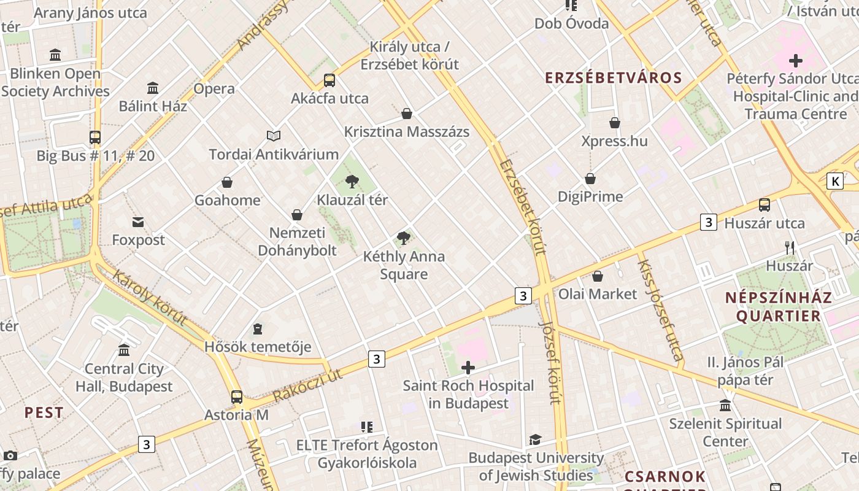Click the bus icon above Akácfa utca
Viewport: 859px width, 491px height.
point(329,80)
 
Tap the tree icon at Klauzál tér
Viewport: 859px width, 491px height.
point(352,182)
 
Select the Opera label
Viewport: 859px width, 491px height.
point(214,88)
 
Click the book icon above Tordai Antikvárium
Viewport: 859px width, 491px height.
point(274,136)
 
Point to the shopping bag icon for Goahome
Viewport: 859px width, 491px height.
point(227,183)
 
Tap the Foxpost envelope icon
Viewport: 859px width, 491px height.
point(138,222)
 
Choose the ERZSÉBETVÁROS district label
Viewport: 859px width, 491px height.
point(614,78)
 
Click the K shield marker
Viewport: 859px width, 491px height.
point(834,181)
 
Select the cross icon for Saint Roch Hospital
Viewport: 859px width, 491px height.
point(468,368)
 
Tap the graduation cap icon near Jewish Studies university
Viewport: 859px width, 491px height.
point(536,439)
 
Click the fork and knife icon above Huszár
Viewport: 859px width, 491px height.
point(790,248)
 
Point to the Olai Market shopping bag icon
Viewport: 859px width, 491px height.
point(598,276)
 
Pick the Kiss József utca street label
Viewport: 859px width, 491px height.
point(660,311)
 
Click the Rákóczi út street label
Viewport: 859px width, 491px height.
point(307,384)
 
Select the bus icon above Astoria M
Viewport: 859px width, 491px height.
point(237,397)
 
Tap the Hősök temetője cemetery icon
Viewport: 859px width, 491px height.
point(258,330)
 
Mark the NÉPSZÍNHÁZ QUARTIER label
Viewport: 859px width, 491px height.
point(778,307)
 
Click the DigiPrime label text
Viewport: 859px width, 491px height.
point(590,196)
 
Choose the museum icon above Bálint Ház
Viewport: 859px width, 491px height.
point(153,88)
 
